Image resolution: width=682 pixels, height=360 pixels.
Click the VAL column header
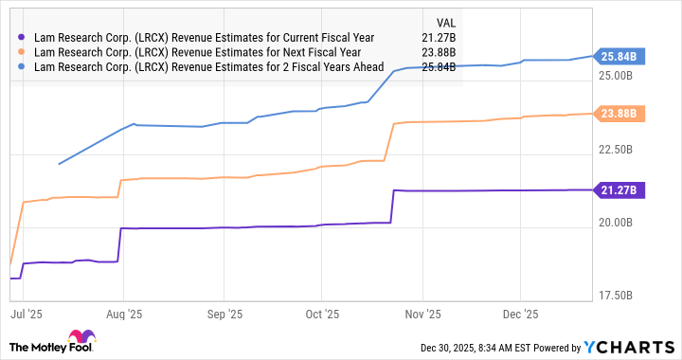tap(442, 21)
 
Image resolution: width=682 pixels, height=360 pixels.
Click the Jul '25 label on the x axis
tap(26, 314)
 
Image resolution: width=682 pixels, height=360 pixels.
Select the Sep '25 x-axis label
tap(224, 314)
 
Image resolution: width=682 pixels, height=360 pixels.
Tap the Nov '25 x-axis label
tap(422, 314)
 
